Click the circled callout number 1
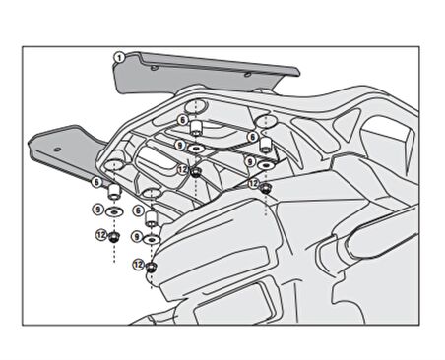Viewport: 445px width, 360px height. click(118, 57)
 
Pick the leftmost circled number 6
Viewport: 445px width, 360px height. click(96, 182)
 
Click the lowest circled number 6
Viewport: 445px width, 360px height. click(138, 210)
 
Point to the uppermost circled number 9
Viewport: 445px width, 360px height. click(179, 145)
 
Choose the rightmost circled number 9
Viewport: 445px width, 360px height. click(250, 160)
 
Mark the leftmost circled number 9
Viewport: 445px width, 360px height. click(96, 209)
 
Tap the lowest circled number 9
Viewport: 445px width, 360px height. click(138, 237)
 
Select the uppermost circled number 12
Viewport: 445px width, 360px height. click(182, 169)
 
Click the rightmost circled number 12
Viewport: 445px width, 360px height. click(253, 184)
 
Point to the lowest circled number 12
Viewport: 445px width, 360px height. click(138, 265)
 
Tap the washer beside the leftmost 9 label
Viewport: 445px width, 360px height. click(115, 210)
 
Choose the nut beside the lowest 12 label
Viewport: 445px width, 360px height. click(152, 266)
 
